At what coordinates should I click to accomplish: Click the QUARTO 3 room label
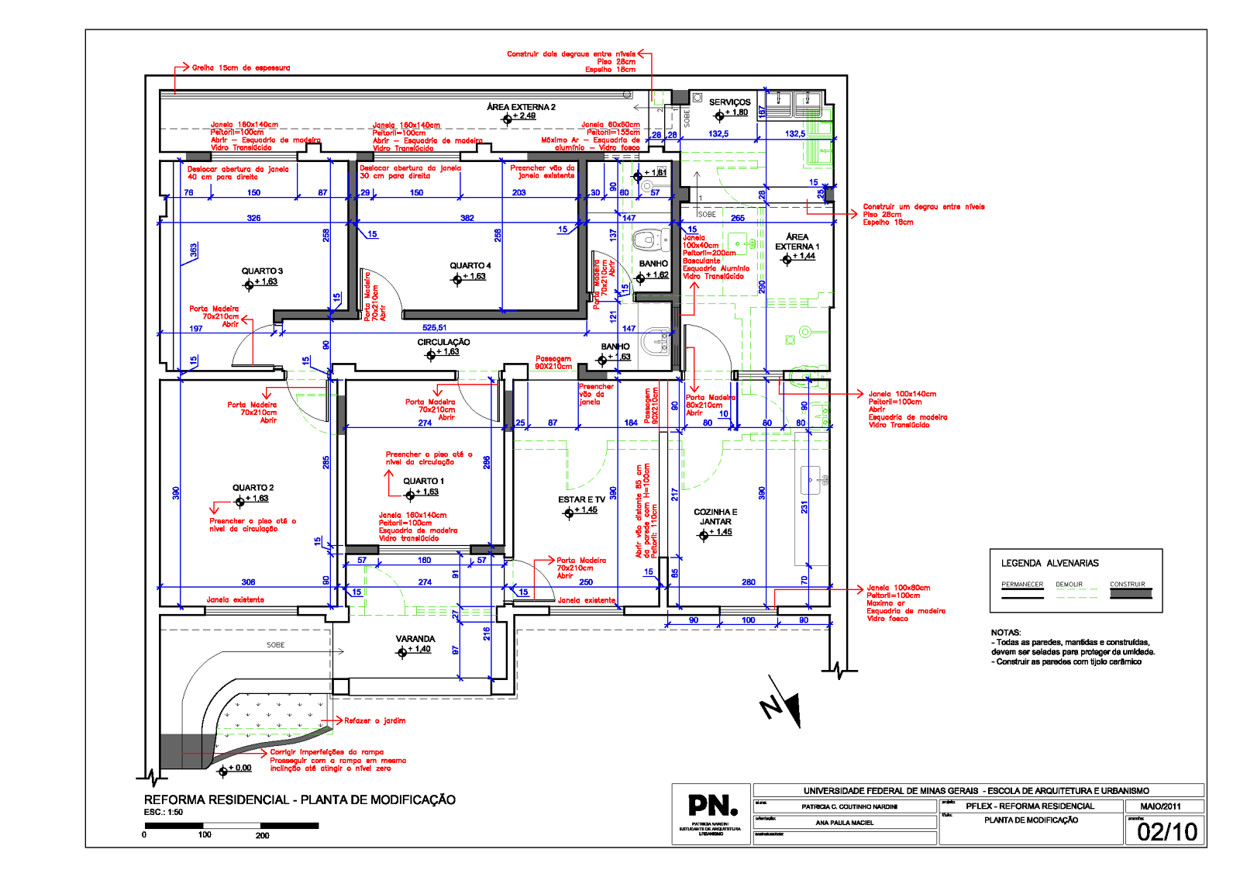[262, 271]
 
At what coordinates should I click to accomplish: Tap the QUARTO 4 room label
[470, 266]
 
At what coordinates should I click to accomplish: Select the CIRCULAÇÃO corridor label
[443, 342]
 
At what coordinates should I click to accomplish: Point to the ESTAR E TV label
[581, 500]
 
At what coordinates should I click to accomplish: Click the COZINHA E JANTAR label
[715, 517]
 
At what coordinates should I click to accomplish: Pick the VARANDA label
[415, 639]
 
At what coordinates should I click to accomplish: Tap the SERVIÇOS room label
[729, 102]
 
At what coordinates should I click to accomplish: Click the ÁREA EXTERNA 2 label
[521, 107]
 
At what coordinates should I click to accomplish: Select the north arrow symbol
[783, 702]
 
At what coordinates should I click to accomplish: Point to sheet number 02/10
[1167, 832]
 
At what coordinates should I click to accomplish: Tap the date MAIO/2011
[1160, 806]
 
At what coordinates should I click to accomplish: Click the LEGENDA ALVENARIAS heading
[1049, 564]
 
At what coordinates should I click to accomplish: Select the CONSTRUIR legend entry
[1127, 585]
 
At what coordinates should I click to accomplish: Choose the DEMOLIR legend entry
[1069, 585]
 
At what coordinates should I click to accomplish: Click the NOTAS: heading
[1006, 633]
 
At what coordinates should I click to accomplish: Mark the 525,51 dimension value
[434, 328]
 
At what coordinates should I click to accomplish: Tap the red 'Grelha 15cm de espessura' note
[241, 68]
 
